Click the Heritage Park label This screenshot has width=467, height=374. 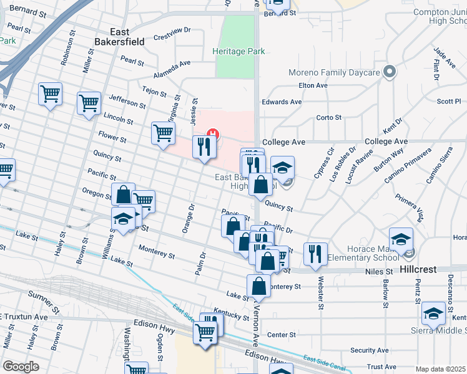[238, 52]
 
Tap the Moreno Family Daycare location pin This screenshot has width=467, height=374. [390, 72]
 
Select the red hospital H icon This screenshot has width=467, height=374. [213, 133]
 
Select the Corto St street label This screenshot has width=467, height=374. [329, 117]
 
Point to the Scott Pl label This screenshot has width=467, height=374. [448, 101]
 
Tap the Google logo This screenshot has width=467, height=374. [21, 367]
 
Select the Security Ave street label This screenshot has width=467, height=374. [370, 350]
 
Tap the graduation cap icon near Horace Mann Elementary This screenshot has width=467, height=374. [401, 239]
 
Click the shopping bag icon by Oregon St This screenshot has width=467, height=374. [123, 194]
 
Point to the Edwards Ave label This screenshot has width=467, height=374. [282, 102]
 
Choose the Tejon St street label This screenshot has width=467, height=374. [154, 92]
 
